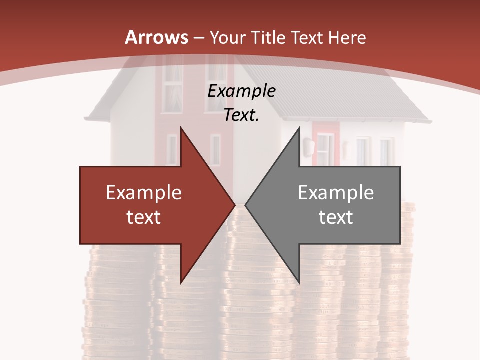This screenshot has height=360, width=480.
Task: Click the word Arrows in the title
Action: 156,37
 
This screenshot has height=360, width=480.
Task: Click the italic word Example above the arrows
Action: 241,91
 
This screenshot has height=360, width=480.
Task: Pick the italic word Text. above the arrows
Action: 241,115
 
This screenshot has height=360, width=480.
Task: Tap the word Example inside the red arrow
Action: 144,193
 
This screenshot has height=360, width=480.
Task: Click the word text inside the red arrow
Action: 144,217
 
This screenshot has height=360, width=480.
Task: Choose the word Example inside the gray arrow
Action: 336,193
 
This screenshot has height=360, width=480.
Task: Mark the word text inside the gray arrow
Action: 336,217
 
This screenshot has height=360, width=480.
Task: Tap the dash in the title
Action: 198,37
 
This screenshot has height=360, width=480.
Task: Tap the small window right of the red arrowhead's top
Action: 215,149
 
